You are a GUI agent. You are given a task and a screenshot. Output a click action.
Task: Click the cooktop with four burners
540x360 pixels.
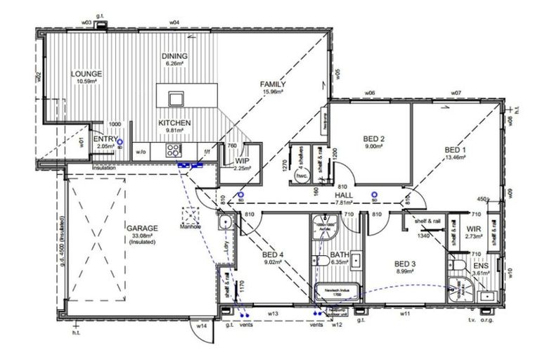(172, 150)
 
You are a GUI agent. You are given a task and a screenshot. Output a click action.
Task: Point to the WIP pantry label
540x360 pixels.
(241, 160)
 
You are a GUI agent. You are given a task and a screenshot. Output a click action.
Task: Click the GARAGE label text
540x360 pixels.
(143, 228)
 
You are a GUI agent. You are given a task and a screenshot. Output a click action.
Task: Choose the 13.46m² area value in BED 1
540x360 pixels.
(456, 158)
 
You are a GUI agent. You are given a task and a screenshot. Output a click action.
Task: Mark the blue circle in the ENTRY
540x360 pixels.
(120, 142)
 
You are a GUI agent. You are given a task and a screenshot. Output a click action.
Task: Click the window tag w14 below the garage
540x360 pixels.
(201, 326)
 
